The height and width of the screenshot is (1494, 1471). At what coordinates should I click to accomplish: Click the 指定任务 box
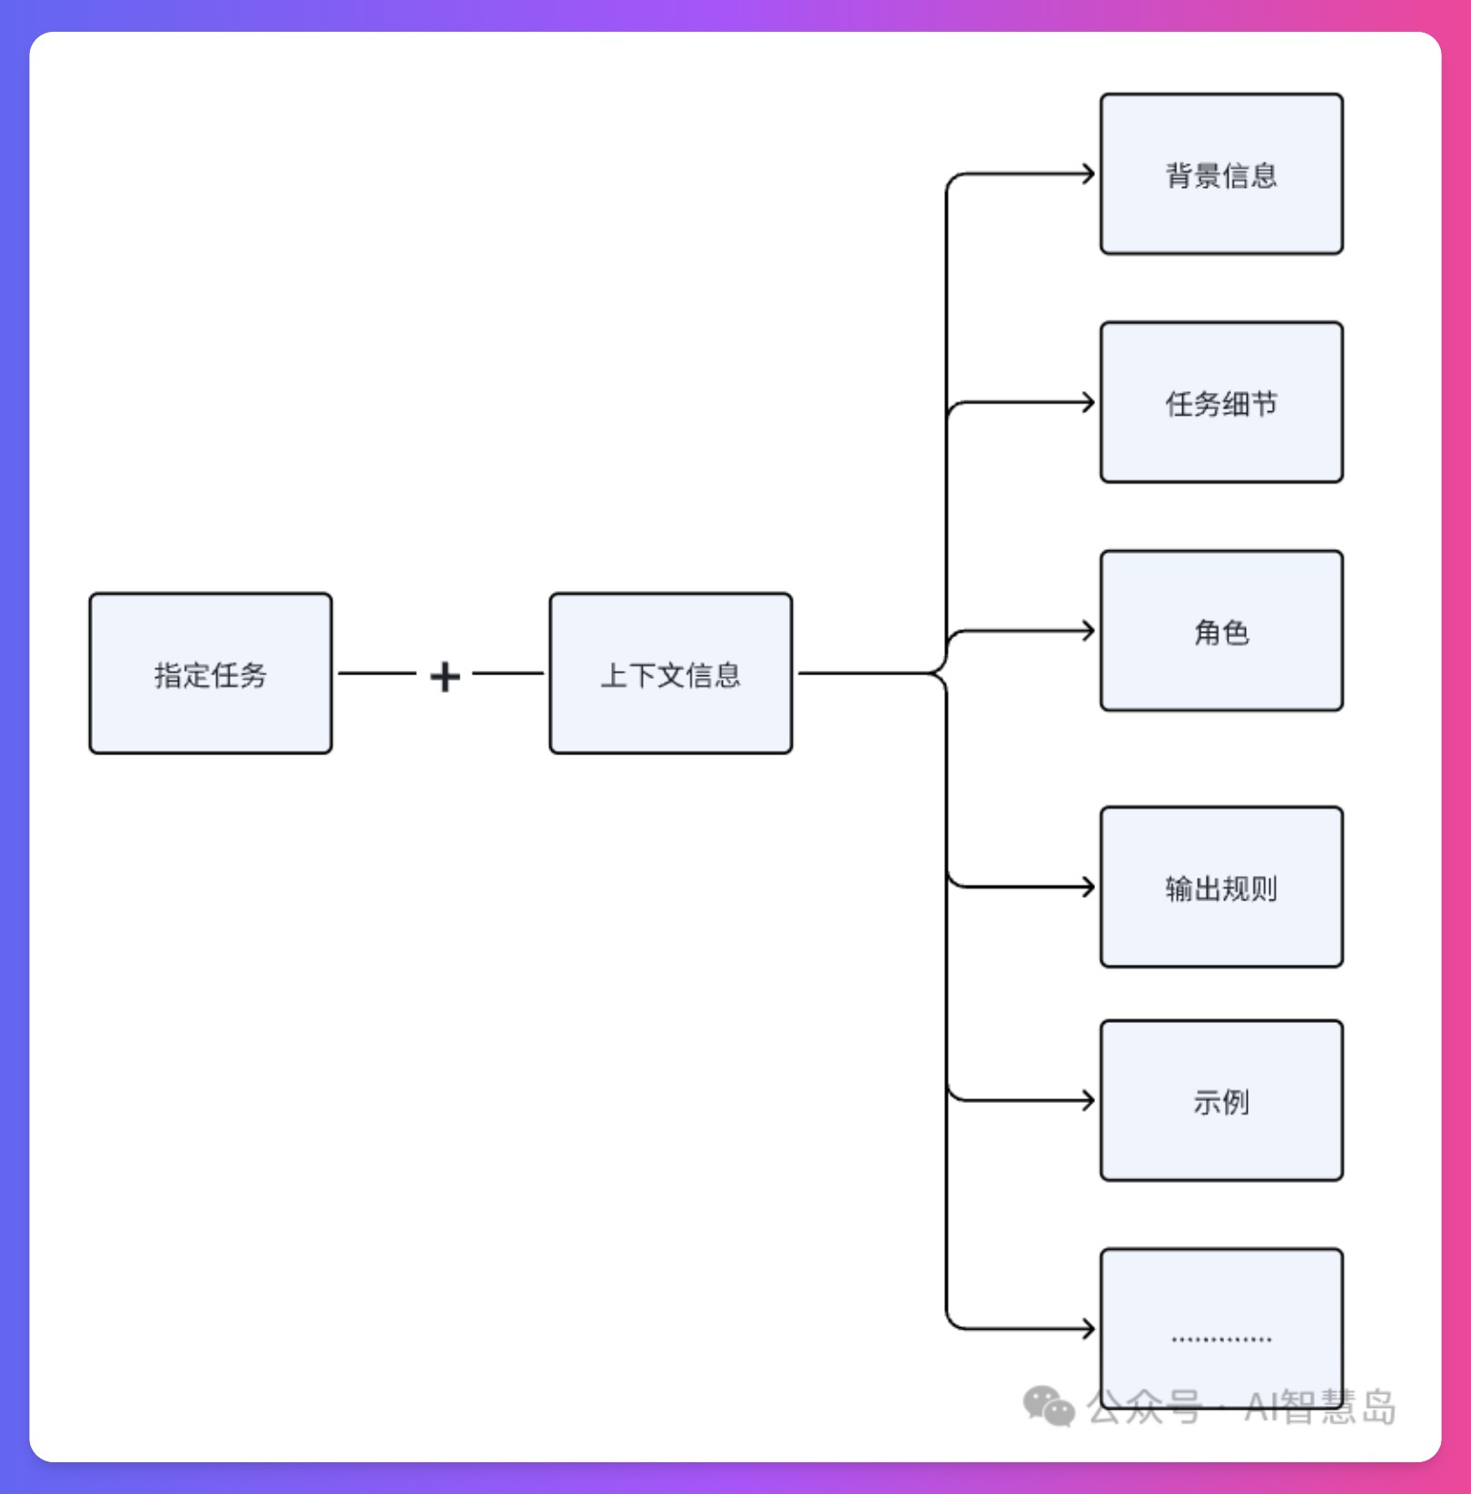(211, 673)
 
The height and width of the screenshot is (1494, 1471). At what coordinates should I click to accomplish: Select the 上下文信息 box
(670, 673)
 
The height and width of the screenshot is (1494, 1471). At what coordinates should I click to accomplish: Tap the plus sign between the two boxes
(445, 676)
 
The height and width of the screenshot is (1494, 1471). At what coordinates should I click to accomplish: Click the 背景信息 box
(1221, 174)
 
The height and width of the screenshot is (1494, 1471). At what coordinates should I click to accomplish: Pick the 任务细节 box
(1221, 402)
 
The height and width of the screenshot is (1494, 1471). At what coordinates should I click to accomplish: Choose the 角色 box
(1221, 631)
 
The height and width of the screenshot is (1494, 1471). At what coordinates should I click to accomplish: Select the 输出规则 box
(1221, 887)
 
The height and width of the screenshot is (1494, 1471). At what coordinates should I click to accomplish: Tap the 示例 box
(1221, 1101)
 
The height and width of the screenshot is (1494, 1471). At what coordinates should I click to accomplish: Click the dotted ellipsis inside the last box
(1221, 1339)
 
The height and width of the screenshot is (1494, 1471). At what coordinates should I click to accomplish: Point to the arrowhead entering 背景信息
(1090, 174)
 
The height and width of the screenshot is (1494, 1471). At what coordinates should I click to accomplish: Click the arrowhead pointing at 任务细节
(1090, 402)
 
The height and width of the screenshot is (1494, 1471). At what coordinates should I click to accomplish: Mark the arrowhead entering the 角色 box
(1090, 631)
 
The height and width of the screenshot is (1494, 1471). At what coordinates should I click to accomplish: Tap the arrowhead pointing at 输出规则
(1090, 887)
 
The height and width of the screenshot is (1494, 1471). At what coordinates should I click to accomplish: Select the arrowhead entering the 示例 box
(1090, 1101)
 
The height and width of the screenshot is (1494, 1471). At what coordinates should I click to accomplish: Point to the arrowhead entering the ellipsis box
(1090, 1329)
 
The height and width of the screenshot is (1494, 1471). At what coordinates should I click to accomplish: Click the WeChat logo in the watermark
(1049, 1406)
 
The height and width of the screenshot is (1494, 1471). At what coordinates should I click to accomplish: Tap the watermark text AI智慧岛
(1320, 1407)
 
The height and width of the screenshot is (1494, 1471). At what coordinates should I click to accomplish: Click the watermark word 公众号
(1144, 1407)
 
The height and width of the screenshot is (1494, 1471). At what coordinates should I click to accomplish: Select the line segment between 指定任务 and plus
(377, 673)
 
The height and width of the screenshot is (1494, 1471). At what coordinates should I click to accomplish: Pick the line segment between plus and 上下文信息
(508, 673)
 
